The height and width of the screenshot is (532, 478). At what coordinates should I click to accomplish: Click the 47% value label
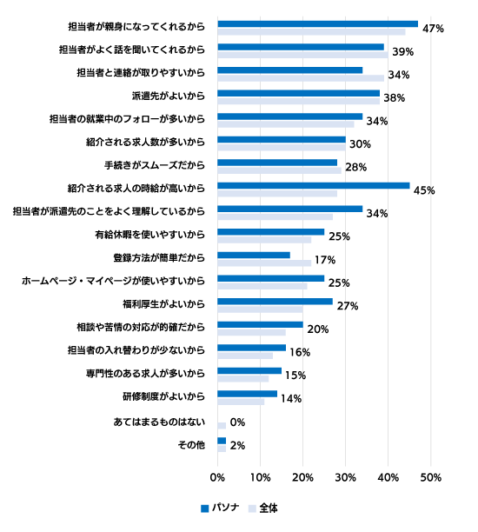click(x=433, y=29)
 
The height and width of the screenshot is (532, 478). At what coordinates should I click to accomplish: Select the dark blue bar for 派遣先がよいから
click(x=299, y=93)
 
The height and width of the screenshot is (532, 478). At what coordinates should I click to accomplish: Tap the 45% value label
click(x=424, y=190)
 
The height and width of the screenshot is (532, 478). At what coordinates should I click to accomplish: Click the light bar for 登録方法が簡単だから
click(x=264, y=263)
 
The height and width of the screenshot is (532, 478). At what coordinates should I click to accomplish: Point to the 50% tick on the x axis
click(x=431, y=478)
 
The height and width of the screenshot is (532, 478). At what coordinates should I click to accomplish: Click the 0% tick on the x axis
click(x=217, y=478)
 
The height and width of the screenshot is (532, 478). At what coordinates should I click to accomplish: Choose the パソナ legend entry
click(x=220, y=508)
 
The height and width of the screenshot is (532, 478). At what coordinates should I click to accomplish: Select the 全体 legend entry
click(x=263, y=508)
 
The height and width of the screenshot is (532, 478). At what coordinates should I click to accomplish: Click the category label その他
click(x=191, y=445)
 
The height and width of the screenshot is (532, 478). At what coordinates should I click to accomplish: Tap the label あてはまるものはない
click(x=159, y=422)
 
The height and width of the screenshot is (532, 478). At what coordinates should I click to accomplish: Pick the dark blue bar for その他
click(x=222, y=441)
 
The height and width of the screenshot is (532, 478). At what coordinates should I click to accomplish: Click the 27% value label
click(x=348, y=306)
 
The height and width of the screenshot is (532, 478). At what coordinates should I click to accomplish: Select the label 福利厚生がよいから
click(x=164, y=303)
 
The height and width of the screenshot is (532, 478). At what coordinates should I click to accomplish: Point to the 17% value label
click(x=325, y=260)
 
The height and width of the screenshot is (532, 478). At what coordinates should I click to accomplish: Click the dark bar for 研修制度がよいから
click(x=248, y=394)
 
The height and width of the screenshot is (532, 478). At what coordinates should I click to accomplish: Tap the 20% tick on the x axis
click(x=303, y=478)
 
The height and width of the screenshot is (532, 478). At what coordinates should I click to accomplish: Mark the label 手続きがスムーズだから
click(x=155, y=165)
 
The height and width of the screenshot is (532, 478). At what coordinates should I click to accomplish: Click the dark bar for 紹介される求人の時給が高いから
click(x=314, y=185)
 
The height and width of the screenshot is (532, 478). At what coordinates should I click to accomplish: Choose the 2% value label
click(x=237, y=445)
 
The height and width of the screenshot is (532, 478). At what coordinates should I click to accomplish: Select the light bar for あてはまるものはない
click(x=222, y=425)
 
